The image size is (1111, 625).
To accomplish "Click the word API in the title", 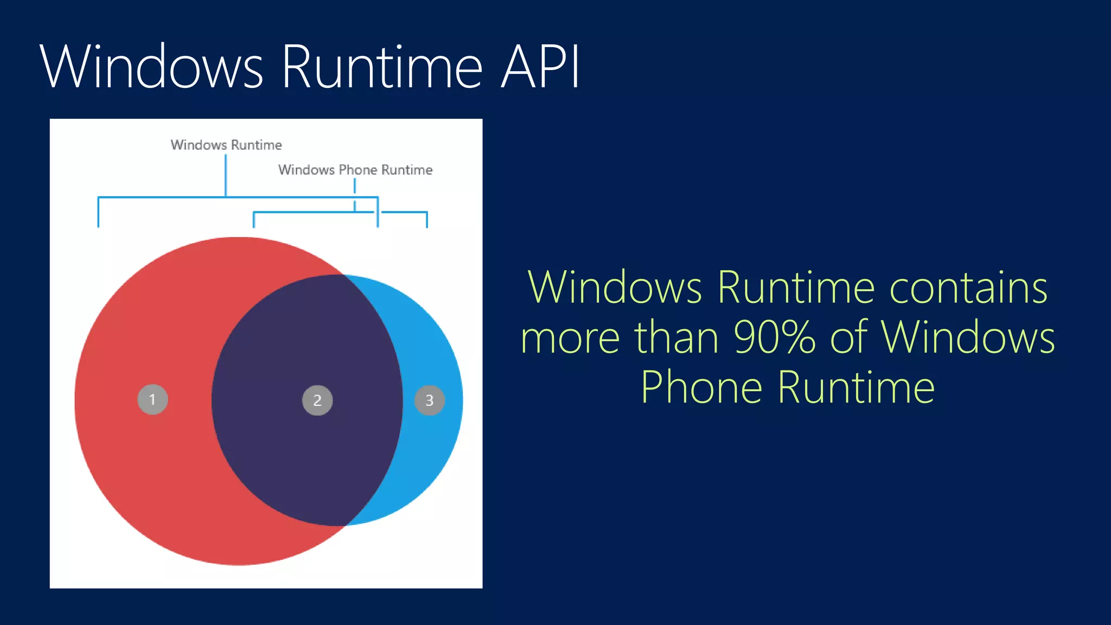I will point(540,67).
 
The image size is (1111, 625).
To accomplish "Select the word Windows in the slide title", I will point(151,67).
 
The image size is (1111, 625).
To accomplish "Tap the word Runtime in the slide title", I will point(382,67).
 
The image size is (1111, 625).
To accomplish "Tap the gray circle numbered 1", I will point(152,400).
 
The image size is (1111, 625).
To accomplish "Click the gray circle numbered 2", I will point(317,400).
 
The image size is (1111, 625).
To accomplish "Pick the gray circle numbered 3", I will point(429,400).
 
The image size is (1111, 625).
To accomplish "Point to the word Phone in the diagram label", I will point(357,170).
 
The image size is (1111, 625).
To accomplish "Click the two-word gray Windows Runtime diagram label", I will point(226,145).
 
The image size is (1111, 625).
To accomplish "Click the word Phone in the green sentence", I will point(702,387).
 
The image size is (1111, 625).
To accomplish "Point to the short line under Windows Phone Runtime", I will point(355,186).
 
